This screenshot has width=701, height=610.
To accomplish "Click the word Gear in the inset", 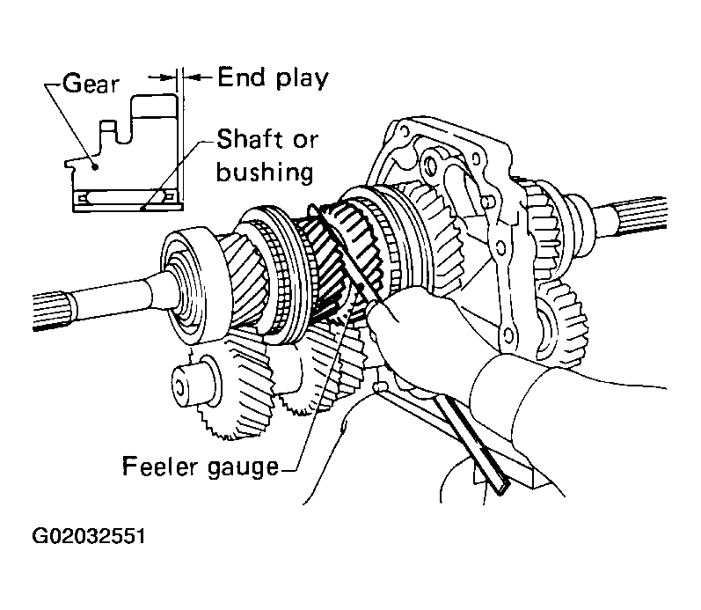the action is (91, 84).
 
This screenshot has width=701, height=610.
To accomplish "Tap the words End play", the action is (274, 78).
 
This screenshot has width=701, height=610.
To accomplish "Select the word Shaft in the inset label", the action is (251, 139).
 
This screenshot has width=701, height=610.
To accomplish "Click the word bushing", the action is (265, 172).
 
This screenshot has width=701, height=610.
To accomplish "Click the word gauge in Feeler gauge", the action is (244, 468).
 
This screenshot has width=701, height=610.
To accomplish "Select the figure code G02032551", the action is (89, 536).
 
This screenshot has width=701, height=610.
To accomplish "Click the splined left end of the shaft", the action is (50, 311).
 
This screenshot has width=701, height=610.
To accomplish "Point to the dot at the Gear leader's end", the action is (95, 167).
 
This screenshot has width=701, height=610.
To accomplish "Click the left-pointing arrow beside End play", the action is (197, 77).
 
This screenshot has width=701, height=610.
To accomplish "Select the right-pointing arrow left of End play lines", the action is (161, 77).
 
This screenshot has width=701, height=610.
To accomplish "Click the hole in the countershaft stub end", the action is (179, 388).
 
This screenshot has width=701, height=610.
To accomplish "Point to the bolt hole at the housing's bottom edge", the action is (507, 334).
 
